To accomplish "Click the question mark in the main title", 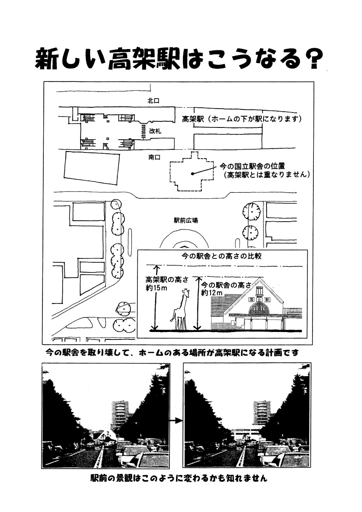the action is (x=315, y=59).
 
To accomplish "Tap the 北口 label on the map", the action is (x=153, y=101).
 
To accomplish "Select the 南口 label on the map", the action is (x=155, y=157).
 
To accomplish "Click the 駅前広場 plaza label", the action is (x=186, y=221).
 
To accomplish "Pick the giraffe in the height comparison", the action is (x=180, y=309).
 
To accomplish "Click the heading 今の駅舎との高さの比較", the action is (x=221, y=256).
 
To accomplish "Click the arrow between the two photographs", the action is (x=176, y=420).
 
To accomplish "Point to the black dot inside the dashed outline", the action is (x=193, y=174).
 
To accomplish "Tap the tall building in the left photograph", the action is (x=120, y=415).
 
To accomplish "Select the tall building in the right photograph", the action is (x=262, y=413).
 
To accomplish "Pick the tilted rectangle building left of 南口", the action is (x=92, y=169).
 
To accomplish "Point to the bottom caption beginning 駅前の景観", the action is (x=179, y=478).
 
